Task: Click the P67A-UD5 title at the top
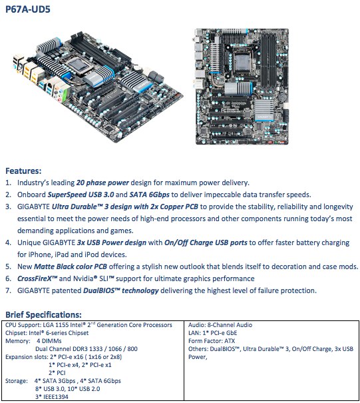[28, 9]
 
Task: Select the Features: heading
[23, 171]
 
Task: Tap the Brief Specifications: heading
[43, 314]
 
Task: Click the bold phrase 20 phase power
[102, 183]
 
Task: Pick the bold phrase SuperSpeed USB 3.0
[81, 195]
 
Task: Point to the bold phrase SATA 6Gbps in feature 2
[149, 195]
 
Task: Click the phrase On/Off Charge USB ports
[206, 242]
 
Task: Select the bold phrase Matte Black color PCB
[71, 266]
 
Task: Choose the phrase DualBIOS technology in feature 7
[121, 290]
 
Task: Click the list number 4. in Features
[8, 242]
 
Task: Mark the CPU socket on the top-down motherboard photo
[241, 61]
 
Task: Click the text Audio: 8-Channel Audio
[220, 325]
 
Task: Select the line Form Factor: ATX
[212, 341]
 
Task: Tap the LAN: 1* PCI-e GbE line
[213, 333]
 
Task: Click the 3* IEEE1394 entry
[52, 397]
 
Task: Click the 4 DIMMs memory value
[49, 341]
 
